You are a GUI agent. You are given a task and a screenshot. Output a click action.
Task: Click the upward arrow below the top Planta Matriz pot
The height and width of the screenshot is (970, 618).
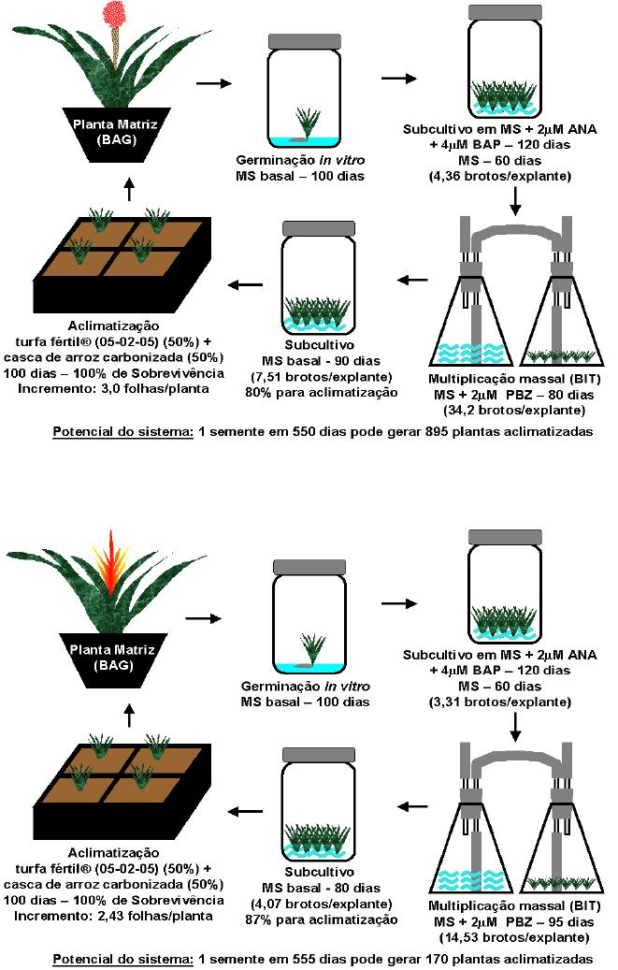point(129,191)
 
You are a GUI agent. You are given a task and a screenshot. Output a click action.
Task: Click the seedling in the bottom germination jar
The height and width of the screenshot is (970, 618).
point(312,647)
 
